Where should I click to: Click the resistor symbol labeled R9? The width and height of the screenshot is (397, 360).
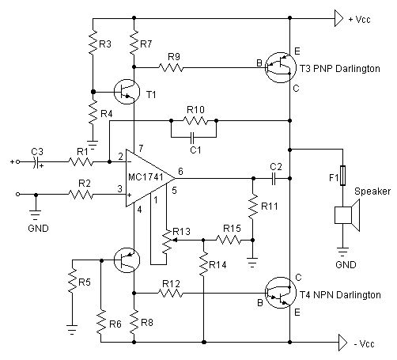[173, 68]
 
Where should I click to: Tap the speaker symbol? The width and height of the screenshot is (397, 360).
[346, 215]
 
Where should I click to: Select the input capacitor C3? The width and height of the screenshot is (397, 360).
[36, 162]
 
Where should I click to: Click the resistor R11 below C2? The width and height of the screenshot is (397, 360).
[251, 209]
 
